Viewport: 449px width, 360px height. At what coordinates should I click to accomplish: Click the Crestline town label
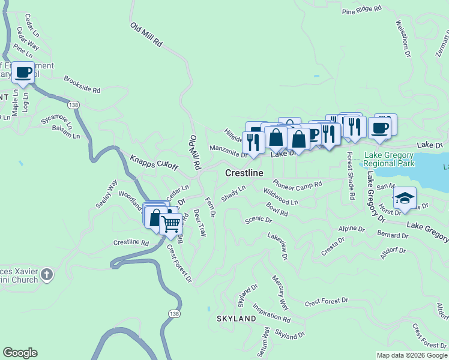[244, 173]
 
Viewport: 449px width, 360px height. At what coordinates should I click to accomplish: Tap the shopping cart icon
[171, 224]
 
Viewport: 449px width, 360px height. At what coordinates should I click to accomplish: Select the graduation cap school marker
[405, 197]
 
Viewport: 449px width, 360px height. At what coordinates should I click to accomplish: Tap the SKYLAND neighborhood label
[236, 319]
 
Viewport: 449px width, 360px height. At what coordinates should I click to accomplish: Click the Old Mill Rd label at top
[146, 35]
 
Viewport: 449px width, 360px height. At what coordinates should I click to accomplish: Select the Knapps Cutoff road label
[154, 163]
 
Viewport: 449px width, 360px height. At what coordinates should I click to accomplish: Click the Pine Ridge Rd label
[361, 10]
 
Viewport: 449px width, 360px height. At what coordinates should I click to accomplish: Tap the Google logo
[20, 353]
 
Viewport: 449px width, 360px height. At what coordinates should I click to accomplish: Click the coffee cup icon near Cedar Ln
[24, 73]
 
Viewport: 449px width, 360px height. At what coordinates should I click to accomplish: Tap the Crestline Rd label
[131, 242]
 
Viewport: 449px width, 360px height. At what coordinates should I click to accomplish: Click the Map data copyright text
[412, 355]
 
